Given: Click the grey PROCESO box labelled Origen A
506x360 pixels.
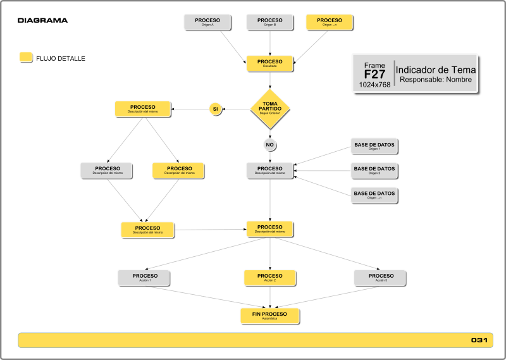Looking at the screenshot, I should coord(207,22).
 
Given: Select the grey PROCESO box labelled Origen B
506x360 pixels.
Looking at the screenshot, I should coord(269,22).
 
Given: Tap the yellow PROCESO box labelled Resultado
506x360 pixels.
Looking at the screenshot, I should coord(269,63).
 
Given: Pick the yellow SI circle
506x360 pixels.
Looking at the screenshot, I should coord(215,109).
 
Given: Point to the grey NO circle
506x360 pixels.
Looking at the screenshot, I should coord(269,145).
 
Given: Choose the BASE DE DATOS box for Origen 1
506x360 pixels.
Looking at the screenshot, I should coord(374,146).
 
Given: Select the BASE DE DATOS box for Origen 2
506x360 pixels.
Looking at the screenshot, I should coord(374,171).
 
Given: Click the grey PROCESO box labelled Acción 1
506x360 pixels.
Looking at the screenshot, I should coord(144,278).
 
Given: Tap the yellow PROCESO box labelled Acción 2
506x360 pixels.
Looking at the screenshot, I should coord(270,278).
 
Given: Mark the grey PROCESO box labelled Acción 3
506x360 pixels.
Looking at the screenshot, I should coord(380,278).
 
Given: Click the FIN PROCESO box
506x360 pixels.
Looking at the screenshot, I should coord(269,316).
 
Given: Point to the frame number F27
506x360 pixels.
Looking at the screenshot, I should coord(374,74).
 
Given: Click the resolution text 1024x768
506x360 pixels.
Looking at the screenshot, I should coord(374,85).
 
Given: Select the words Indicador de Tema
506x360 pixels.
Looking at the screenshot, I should coord(436,70).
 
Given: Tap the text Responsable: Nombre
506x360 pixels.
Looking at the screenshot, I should coord(436,80).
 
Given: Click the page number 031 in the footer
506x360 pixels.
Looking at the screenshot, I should coord(479,340).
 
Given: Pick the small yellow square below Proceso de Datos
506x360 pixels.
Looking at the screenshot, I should coord(26,57).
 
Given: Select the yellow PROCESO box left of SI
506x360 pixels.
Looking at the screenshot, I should coord(143,109).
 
